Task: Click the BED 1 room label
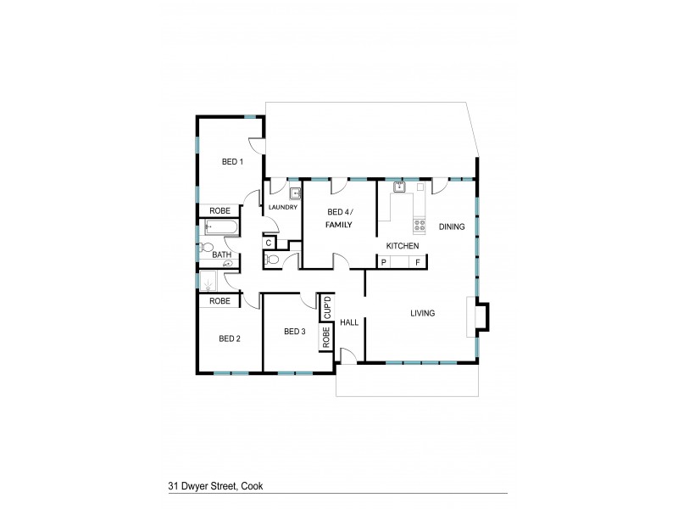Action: [x=232, y=161]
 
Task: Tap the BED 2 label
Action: [x=230, y=338]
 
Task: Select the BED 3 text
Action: [x=294, y=331]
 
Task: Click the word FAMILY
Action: [x=339, y=225]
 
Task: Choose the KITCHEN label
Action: [x=403, y=246]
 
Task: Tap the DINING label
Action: [x=453, y=226]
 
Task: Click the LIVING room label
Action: [x=422, y=313]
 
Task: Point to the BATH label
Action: [x=221, y=255]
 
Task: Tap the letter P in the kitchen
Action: [x=384, y=263]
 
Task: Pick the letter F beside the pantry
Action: [x=417, y=263]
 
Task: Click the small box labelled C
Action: [x=268, y=243]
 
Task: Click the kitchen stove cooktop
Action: [x=419, y=226]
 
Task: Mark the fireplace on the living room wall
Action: [x=479, y=316]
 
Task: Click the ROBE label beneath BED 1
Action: [x=220, y=210]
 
